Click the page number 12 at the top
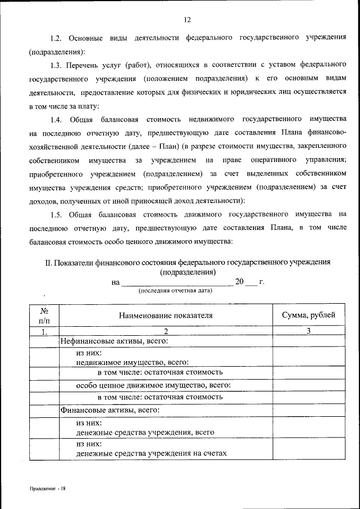click(188, 20)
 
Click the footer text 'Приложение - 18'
click(48, 489)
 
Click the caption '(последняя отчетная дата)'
click(175, 291)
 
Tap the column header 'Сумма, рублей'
click(308, 316)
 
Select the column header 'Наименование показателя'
click(165, 316)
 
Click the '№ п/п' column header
click(44, 316)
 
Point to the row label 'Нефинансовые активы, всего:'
click(115, 341)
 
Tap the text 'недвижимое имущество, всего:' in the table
click(132, 363)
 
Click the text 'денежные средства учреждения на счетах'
click(152, 454)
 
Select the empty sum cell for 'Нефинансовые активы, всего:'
click(308, 341)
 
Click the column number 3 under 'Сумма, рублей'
click(308, 331)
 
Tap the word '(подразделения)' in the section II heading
click(188, 272)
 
